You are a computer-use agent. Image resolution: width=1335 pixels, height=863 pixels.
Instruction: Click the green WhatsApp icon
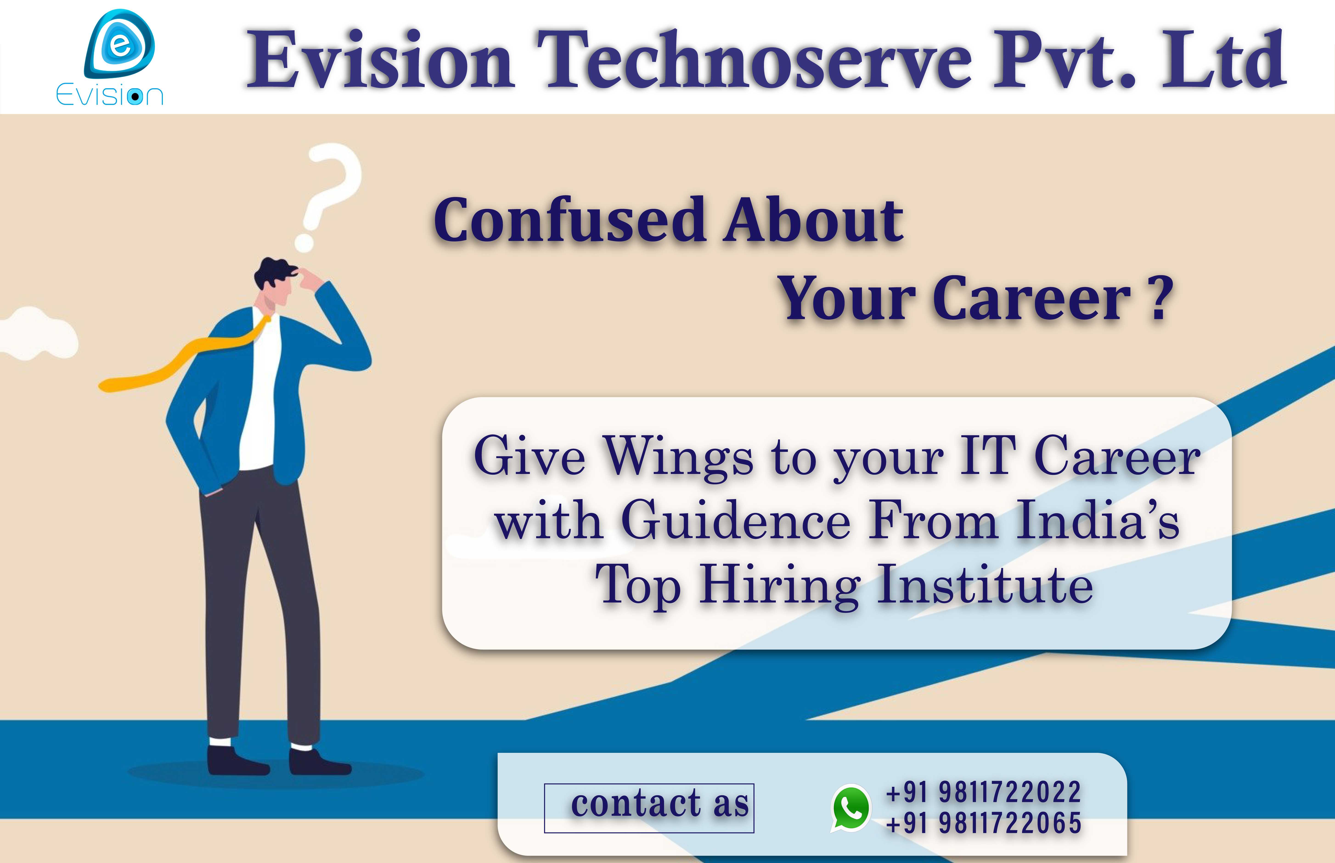[x=851, y=807]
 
